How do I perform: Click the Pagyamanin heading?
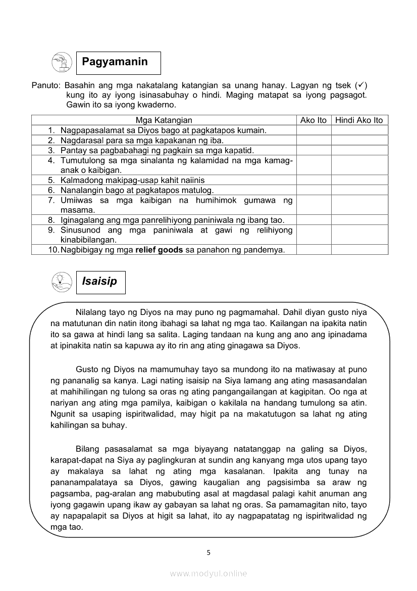(x=115, y=62)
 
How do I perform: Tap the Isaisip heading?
(x=99, y=282)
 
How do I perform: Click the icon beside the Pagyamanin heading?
(x=62, y=63)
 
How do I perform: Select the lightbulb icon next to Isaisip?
(x=62, y=282)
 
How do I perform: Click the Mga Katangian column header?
(x=164, y=120)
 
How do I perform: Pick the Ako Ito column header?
(x=314, y=120)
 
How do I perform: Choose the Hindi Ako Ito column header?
(x=359, y=120)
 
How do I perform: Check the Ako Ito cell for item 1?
(x=314, y=130)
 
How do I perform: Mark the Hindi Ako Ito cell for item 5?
(x=359, y=180)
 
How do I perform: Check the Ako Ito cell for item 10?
(x=314, y=250)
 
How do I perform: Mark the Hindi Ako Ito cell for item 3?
(x=359, y=150)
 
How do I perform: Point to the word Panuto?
(x=45, y=85)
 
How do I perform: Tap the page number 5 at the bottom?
(x=209, y=553)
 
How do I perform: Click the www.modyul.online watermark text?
(x=209, y=573)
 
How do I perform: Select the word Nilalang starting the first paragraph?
(x=92, y=312)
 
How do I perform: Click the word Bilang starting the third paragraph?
(x=88, y=449)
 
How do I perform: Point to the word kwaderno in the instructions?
(x=154, y=105)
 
